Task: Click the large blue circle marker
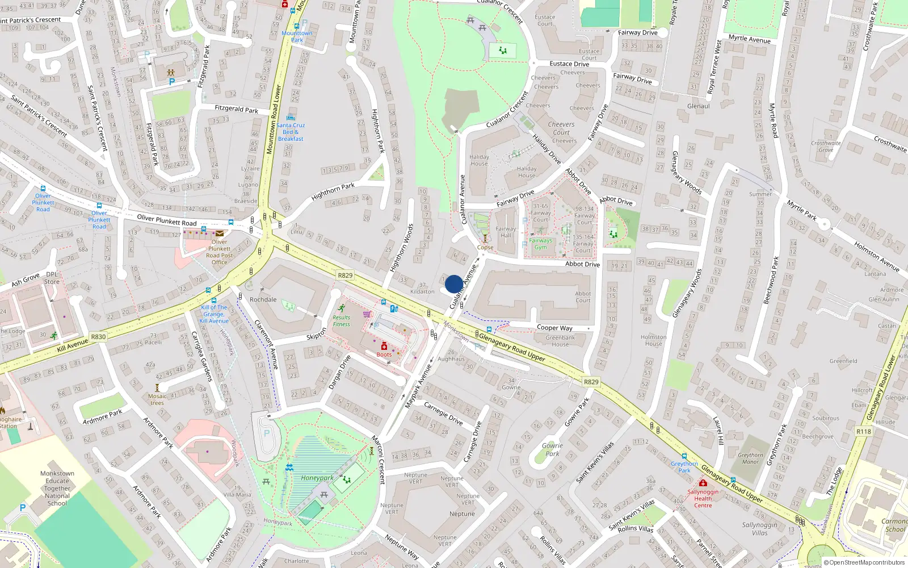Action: click(x=454, y=284)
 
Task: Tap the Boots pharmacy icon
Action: click(x=384, y=346)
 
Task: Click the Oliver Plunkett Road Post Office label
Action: click(x=220, y=252)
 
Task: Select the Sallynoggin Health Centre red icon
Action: click(x=703, y=483)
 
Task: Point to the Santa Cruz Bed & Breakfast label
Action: click(x=291, y=132)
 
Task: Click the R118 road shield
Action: click(x=863, y=432)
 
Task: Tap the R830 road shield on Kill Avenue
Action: click(x=98, y=337)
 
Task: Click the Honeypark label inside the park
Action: click(x=317, y=478)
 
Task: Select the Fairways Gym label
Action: click(x=540, y=244)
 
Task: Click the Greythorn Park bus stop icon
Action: click(x=684, y=456)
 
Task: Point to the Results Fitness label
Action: click(x=341, y=321)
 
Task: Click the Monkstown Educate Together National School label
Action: click(x=57, y=488)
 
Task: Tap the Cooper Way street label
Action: click(x=554, y=328)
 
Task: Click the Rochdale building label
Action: click(x=263, y=299)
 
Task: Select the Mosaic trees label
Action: click(x=157, y=400)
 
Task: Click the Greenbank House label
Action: click(x=560, y=341)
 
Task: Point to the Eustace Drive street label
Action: click(x=569, y=64)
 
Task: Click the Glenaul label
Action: click(x=698, y=106)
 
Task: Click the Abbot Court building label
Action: click(x=583, y=297)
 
